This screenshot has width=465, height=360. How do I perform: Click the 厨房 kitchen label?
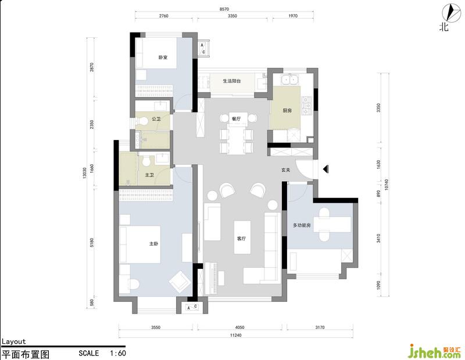(287, 110)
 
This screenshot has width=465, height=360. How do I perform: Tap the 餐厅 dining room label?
(236, 119)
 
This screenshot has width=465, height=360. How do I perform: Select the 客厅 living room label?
(241, 239)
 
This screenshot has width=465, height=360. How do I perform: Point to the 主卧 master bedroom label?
(153, 244)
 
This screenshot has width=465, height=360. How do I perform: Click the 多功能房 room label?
(302, 225)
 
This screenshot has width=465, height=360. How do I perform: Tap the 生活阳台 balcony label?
(232, 81)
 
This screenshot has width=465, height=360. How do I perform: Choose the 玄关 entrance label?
(285, 170)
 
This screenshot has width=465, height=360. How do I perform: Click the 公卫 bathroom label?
(156, 119)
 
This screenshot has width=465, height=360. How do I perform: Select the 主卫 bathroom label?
(149, 175)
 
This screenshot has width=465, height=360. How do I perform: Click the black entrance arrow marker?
(325, 169)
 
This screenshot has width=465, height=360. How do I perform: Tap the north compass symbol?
(449, 13)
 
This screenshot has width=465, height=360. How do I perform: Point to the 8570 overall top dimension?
(224, 9)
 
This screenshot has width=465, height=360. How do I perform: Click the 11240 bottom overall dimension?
(235, 335)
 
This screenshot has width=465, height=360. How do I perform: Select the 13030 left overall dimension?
(84, 173)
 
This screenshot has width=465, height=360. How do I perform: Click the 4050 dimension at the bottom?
(239, 327)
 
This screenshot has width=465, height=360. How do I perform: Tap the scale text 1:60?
(118, 353)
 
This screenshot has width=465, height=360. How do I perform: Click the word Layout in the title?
(13, 341)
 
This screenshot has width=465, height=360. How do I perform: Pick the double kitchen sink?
(289, 80)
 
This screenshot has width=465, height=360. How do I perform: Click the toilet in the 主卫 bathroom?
(146, 161)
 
